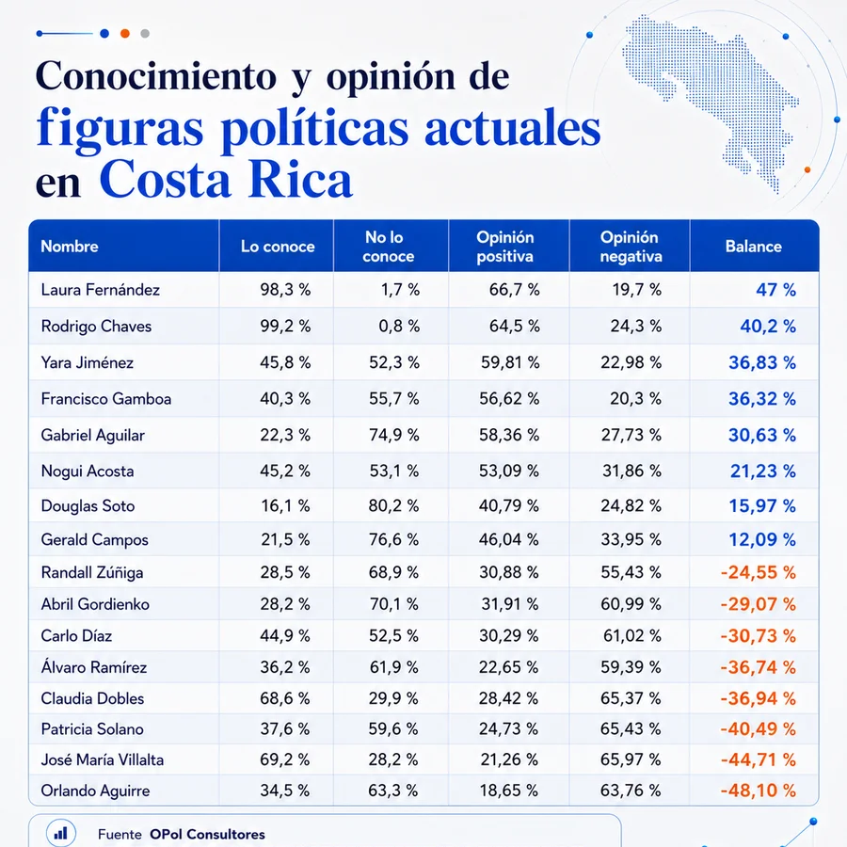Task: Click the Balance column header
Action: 753,247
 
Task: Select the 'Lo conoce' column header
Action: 278,247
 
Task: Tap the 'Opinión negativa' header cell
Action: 631,247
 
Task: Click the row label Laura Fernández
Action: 101,290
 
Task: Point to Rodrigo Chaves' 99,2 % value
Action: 285,327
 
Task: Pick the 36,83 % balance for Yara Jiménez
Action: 762,362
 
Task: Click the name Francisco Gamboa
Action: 105,399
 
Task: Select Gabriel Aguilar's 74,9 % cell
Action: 393,435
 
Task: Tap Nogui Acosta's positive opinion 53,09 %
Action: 509,471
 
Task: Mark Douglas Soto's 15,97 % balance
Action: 762,505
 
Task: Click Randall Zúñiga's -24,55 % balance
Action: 758,572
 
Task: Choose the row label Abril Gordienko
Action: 95,604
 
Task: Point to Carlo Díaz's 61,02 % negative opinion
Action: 632,636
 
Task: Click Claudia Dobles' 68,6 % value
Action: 284,698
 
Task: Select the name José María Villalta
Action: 102,760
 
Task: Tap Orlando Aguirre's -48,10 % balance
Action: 758,791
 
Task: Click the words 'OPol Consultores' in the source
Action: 207,835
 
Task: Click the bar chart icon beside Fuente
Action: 60,833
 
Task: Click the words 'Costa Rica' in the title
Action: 226,180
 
